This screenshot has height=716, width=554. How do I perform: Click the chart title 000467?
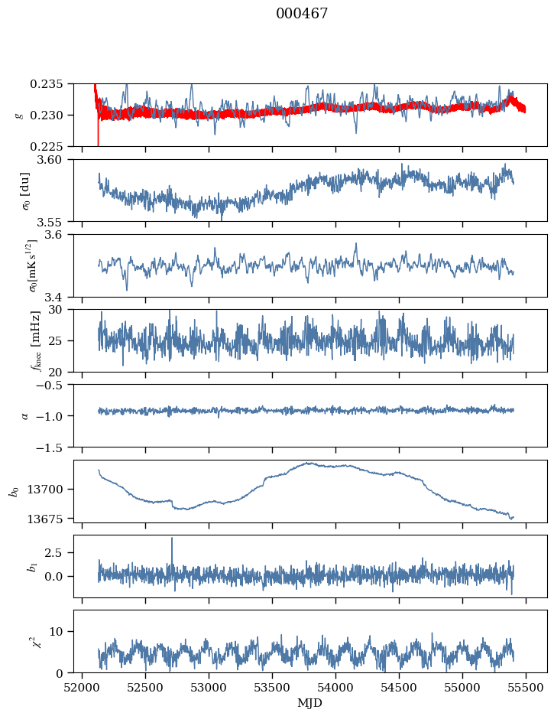[x=302, y=14]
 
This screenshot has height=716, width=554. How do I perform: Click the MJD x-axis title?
[x=309, y=702]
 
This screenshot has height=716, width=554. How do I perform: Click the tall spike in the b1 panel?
[x=172, y=539]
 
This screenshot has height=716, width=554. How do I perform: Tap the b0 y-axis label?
[x=13, y=490]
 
